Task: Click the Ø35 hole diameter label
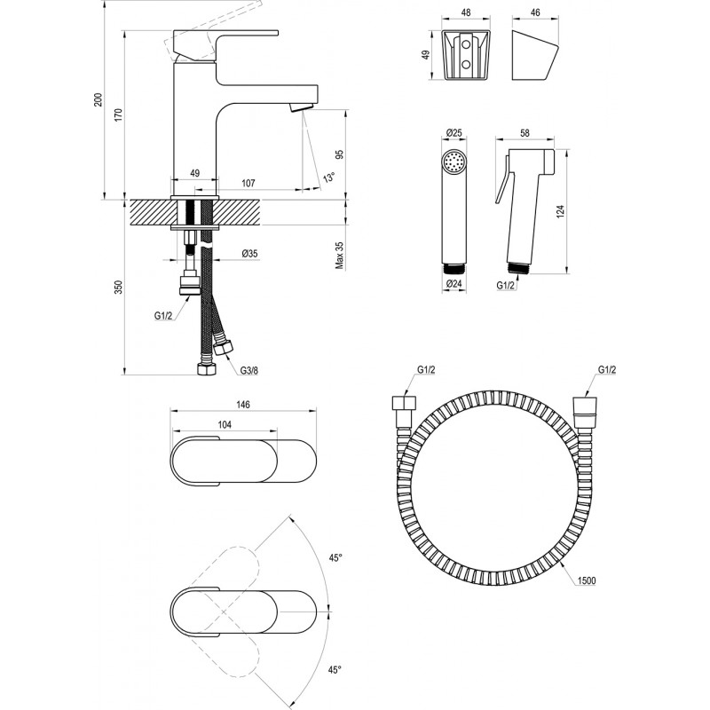click(x=249, y=255)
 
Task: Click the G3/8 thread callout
click(x=250, y=371)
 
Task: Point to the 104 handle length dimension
click(x=226, y=426)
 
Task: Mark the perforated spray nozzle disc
click(x=454, y=164)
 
